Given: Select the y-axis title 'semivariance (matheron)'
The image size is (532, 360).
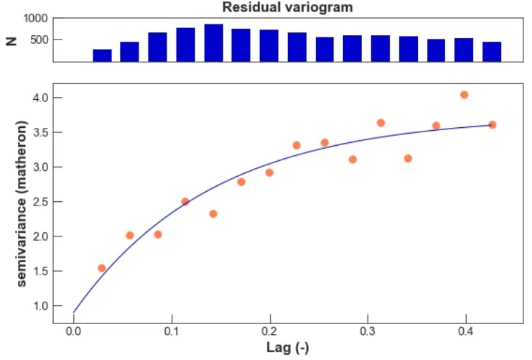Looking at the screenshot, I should click(22, 204).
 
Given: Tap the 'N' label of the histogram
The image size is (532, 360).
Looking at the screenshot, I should click(11, 40).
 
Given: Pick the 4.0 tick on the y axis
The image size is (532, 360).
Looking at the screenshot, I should click(39, 98).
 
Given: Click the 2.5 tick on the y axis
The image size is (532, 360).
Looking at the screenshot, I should click(39, 202).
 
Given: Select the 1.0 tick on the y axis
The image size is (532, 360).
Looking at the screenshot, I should click(39, 306).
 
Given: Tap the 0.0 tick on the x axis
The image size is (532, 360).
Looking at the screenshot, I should click(73, 331).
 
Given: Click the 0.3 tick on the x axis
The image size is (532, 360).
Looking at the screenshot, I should click(368, 331).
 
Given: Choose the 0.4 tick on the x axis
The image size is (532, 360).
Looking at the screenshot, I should click(465, 331).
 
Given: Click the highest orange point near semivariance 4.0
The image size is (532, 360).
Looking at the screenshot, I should click(465, 95).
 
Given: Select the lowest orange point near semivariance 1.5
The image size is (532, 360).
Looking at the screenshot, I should click(102, 268).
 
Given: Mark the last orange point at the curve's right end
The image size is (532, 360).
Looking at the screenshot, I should click(492, 125).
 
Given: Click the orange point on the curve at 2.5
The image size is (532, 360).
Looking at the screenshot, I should click(185, 201).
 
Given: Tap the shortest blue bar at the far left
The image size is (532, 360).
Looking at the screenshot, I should click(102, 55).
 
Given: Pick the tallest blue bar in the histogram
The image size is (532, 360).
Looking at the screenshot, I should click(213, 43).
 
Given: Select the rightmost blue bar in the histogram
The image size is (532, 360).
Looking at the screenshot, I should click(492, 52).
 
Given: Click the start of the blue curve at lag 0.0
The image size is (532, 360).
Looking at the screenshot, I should click(74, 312).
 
